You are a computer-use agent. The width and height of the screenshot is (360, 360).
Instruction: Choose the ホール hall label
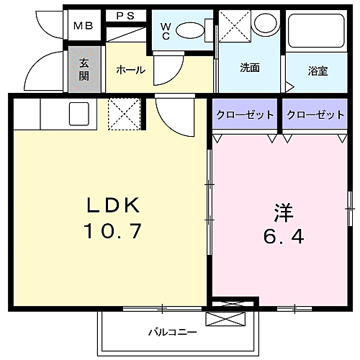click(130, 70)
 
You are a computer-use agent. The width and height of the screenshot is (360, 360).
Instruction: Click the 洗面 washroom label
click(250, 69)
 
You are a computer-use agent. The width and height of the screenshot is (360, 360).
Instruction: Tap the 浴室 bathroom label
click(318, 71)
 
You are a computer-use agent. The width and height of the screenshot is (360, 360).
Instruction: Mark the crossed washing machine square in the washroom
click(234, 27)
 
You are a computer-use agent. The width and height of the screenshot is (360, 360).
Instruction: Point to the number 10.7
click(113, 232)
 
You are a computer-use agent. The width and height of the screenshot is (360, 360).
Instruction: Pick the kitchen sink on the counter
click(78, 112)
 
